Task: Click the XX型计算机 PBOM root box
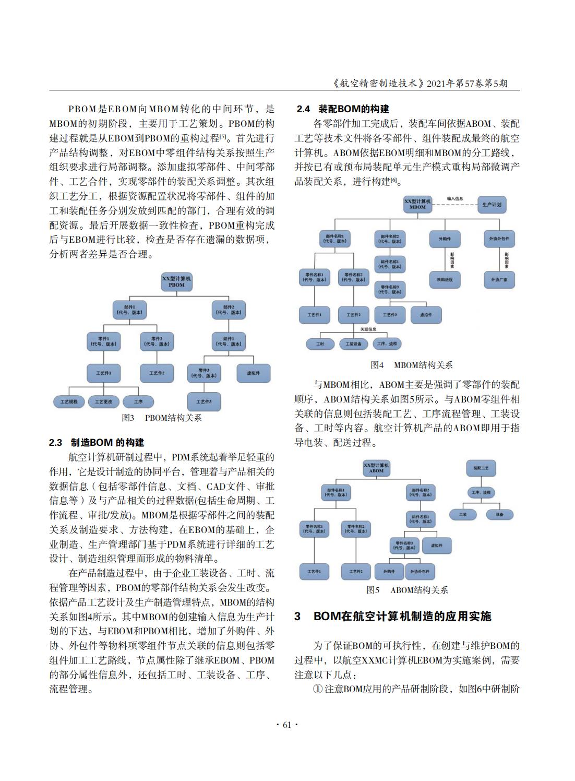point(176,282)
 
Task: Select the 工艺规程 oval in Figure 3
point(68,401)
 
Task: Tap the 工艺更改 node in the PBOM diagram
point(103,401)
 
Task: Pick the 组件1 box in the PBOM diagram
point(228,341)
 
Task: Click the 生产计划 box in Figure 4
point(492,205)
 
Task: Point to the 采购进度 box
point(445,280)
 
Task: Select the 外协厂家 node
point(499,280)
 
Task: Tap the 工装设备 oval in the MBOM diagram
point(354,344)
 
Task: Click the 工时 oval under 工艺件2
point(320,344)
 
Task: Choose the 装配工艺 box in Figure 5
point(481,468)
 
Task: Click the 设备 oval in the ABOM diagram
point(499,514)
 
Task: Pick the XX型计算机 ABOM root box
point(376,468)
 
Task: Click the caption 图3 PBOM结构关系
point(162,418)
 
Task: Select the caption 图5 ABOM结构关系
point(407,590)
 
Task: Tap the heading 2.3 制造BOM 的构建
point(97,443)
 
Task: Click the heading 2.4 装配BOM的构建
point(343,109)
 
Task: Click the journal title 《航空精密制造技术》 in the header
point(378,83)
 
